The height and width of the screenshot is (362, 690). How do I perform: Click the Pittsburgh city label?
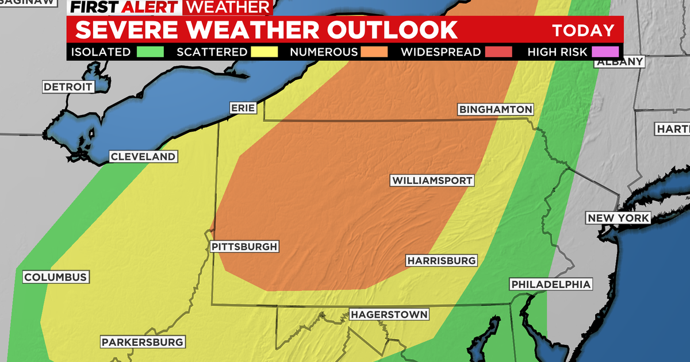pyautogui.click(x=244, y=247)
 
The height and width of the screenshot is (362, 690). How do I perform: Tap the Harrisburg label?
pyautogui.click(x=442, y=260)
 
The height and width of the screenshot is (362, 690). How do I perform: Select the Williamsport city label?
pyautogui.click(x=432, y=180)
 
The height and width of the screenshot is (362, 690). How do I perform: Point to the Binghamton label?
pyautogui.click(x=495, y=109)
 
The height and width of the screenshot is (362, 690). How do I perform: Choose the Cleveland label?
pyautogui.click(x=143, y=157)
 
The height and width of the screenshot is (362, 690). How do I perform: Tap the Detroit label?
pyautogui.click(x=68, y=87)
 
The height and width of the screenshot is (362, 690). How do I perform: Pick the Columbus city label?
pyautogui.click(x=55, y=278)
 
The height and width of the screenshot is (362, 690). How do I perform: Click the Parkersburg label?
pyautogui.click(x=143, y=342)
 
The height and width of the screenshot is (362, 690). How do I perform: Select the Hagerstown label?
pyautogui.click(x=389, y=314)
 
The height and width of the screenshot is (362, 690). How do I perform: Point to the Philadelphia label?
pyautogui.click(x=550, y=284)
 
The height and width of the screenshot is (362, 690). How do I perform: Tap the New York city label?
pyautogui.click(x=618, y=218)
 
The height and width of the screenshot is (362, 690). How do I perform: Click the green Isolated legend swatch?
pyautogui.click(x=151, y=52)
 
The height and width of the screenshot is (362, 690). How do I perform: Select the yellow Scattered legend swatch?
pyautogui.click(x=264, y=52)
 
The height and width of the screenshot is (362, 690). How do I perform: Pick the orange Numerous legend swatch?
pyautogui.click(x=374, y=52)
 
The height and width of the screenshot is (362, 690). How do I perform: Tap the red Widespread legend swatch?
pyautogui.click(x=497, y=52)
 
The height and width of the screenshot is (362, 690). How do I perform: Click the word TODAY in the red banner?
pyautogui.click(x=583, y=30)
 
